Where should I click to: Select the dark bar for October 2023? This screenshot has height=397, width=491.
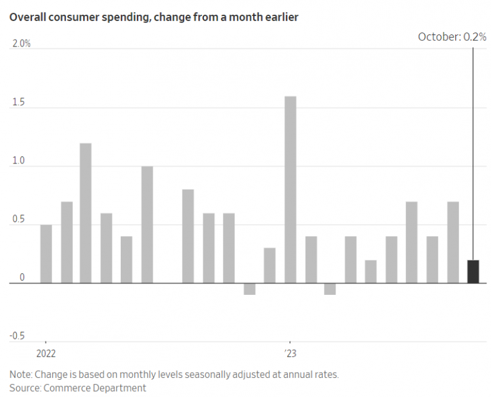tap(473, 271)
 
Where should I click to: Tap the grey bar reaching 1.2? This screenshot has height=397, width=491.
tap(86, 213)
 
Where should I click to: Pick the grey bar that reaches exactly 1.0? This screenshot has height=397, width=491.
tap(147, 225)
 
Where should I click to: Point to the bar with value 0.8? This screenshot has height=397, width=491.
tap(188, 236)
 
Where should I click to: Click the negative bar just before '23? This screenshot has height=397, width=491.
tap(249, 289)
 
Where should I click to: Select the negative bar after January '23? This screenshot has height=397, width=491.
tap(330, 289)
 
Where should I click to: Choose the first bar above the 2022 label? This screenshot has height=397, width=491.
tap(46, 254)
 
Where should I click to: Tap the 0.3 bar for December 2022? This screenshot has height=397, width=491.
tap(270, 266)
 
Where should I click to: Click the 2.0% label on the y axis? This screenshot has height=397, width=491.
tap(21, 43)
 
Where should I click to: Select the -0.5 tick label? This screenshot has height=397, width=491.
tap(17, 336)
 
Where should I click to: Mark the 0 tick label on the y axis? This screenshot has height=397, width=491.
tap(21, 278)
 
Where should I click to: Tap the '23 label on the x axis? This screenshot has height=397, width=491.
tap(291, 354)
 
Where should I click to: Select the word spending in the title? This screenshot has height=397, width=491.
tap(103, 17)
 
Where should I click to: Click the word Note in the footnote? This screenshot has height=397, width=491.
tap(20, 374)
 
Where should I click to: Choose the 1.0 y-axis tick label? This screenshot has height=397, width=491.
tap(18, 161)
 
